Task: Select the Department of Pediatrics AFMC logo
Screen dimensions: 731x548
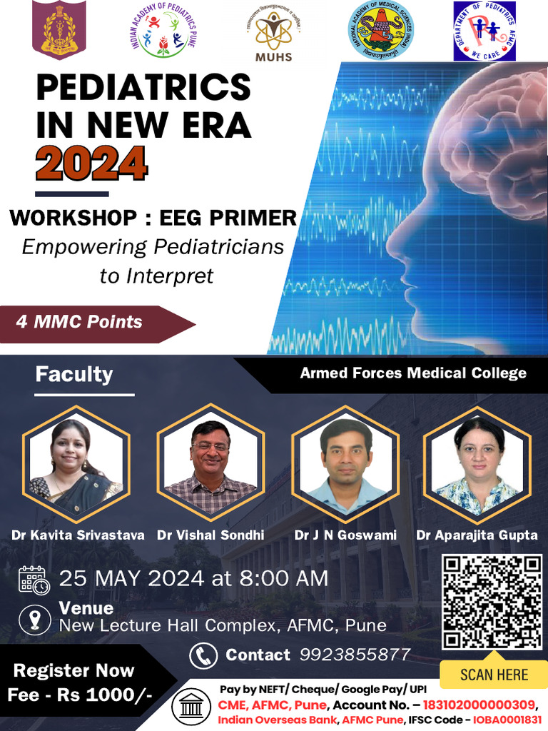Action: (484, 31)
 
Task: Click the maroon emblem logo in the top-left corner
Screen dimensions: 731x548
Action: (59, 31)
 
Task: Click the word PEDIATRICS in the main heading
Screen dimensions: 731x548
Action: (143, 89)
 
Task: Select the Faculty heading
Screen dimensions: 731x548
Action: (74, 374)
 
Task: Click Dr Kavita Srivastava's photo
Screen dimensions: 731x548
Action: (74, 464)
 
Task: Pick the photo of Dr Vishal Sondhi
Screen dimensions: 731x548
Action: (210, 464)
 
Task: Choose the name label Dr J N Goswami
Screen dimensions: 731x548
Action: (345, 535)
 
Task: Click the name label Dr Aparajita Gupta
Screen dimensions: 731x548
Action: (477, 535)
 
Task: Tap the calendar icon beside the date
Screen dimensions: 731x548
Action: (34, 580)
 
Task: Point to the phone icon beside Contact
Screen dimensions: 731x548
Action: (203, 655)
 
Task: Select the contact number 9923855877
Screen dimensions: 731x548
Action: (355, 655)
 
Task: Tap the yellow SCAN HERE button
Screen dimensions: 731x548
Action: (494, 675)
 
